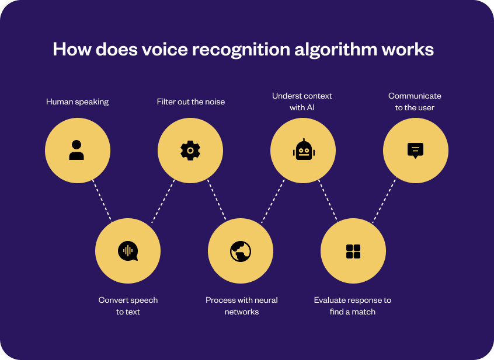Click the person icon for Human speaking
click(x=76, y=150)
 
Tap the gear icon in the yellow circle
click(x=190, y=151)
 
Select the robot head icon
click(x=304, y=149)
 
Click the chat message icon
click(x=415, y=151)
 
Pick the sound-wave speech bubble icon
click(x=128, y=251)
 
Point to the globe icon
click(x=241, y=251)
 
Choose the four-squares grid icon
click(x=353, y=251)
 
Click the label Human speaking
click(x=78, y=102)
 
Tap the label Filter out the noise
click(x=191, y=102)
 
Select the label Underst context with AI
click(x=302, y=102)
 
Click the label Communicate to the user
click(x=415, y=102)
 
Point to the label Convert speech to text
click(x=128, y=306)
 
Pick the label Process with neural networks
click(x=242, y=306)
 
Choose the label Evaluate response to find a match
click(x=353, y=306)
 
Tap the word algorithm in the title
click(x=336, y=50)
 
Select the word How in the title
click(x=72, y=50)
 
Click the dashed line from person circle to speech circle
click(x=102, y=201)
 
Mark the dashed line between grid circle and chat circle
click(x=384, y=201)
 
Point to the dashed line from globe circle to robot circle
click(x=273, y=201)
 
